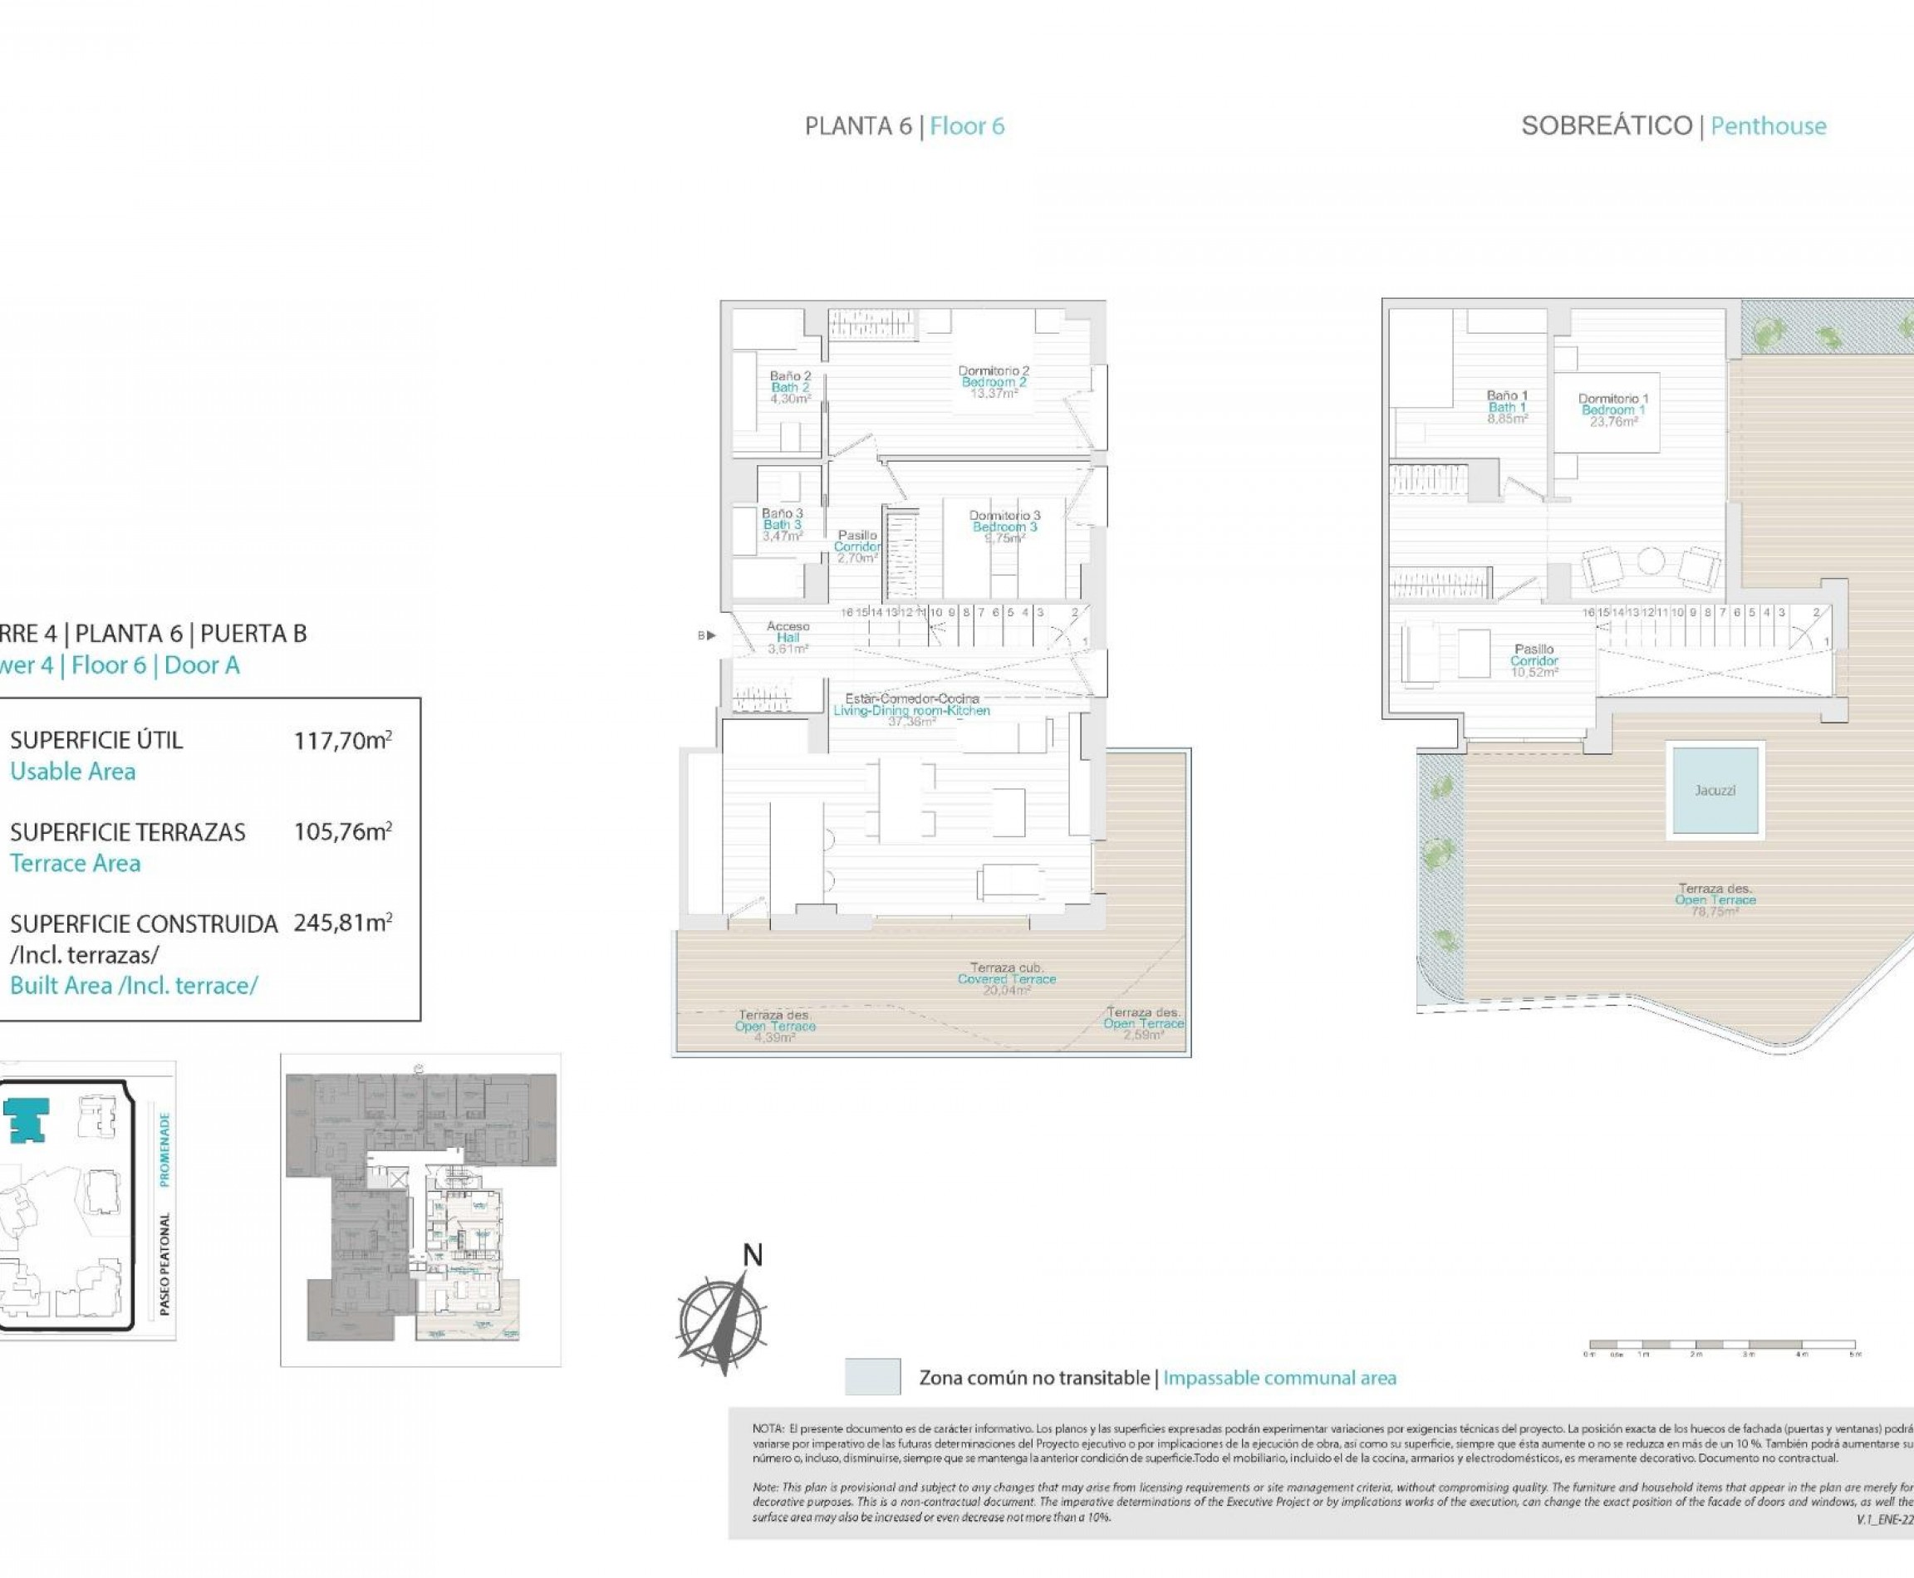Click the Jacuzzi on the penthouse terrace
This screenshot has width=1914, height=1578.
[x=1715, y=790]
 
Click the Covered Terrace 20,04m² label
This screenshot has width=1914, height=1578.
[x=1007, y=979]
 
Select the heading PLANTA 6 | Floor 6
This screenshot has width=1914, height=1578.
[x=904, y=126]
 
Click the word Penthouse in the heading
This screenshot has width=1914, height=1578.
[x=1768, y=126]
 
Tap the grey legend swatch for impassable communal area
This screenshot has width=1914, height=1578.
[x=872, y=1377]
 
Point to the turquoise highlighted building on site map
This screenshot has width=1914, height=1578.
[x=26, y=1119]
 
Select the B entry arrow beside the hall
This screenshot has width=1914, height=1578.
[x=706, y=635]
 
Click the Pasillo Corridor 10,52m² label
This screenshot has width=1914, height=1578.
[x=1534, y=661]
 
